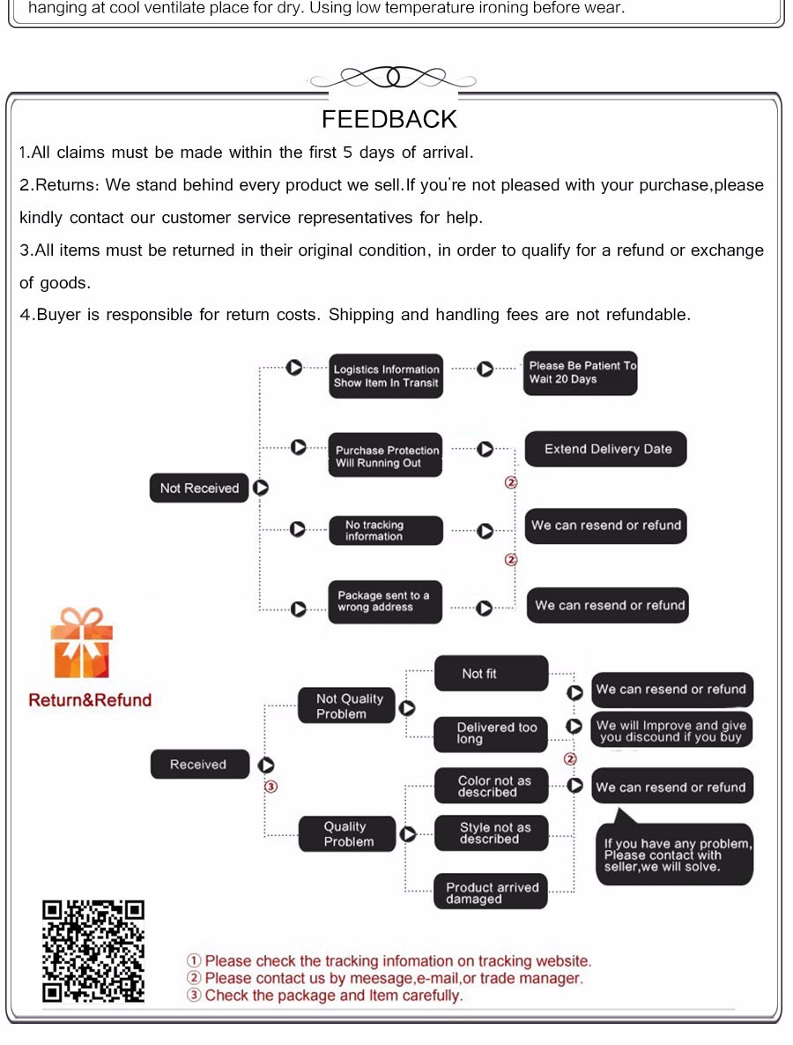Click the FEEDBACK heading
[389, 119]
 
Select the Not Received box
[199, 488]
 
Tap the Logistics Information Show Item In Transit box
[386, 377]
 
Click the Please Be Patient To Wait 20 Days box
[581, 373]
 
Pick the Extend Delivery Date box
[606, 449]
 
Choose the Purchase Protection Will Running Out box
[385, 456]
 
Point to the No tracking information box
[385, 530]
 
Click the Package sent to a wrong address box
[384, 601]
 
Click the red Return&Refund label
[90, 700]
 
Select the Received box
[198, 765]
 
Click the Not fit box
[491, 674]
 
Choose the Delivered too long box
[491, 734]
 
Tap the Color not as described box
[491, 786]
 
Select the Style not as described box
[491, 833]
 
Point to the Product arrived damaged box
[491, 892]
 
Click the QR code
[93, 951]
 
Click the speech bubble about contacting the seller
[675, 854]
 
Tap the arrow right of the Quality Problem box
[408, 834]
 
